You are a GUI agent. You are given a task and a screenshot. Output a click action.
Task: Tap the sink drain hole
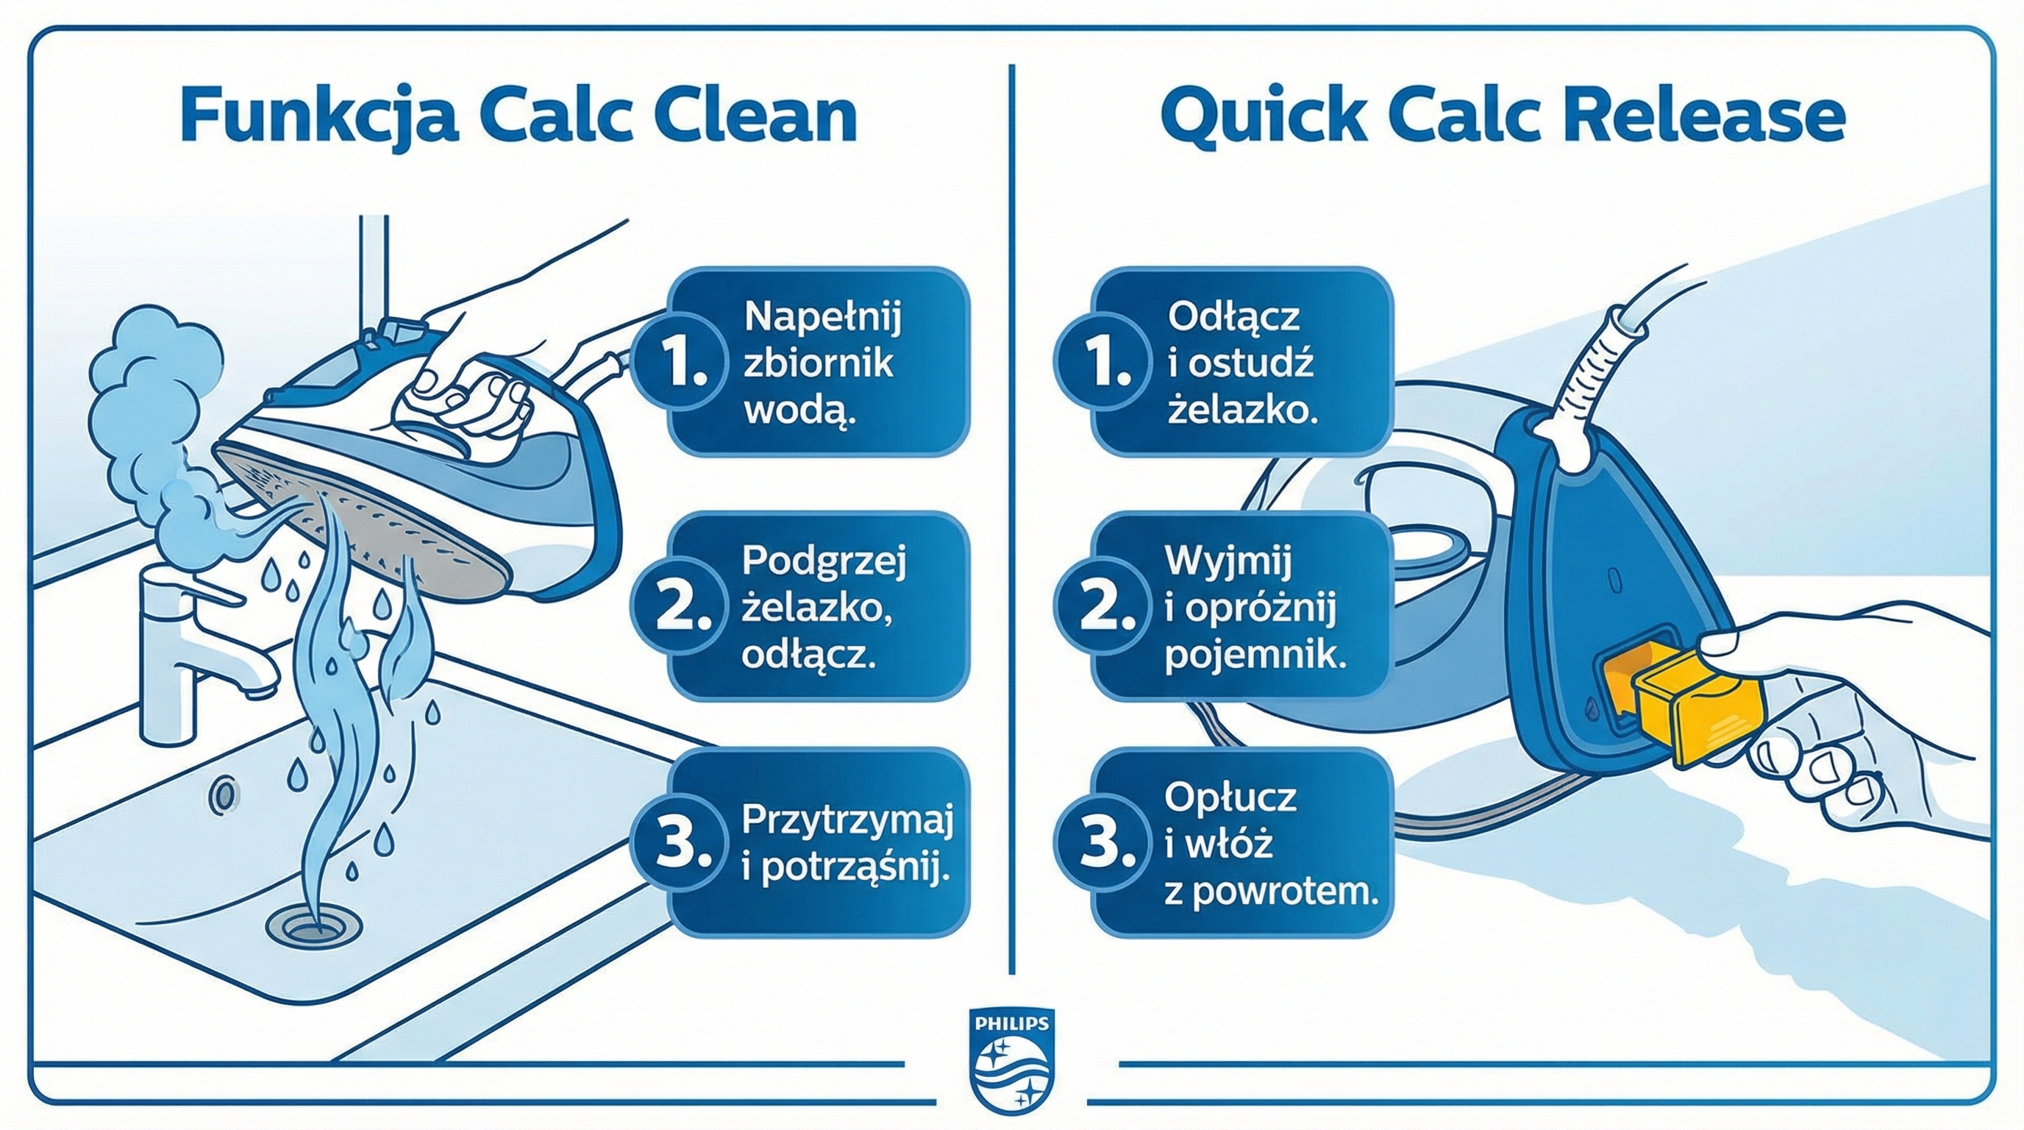click(308, 925)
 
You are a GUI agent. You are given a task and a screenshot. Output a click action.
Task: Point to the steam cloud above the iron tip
click(157, 377)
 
